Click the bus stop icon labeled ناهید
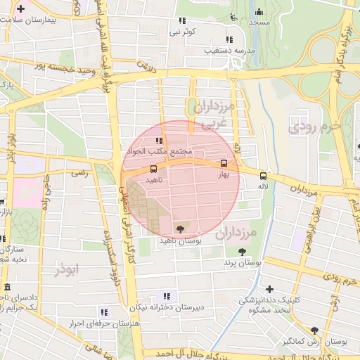153,169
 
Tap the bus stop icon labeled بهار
224,163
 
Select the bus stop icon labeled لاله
263,176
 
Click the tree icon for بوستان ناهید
181,229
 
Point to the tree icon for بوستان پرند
242,252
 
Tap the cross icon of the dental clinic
269,289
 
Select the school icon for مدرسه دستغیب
229,40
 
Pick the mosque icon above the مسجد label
259,11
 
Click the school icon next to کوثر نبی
188,21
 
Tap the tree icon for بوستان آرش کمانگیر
314,330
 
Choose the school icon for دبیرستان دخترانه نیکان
167,295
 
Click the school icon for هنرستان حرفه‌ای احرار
104,312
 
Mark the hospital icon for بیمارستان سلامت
21,10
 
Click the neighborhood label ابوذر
68,269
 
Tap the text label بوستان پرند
243,262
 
